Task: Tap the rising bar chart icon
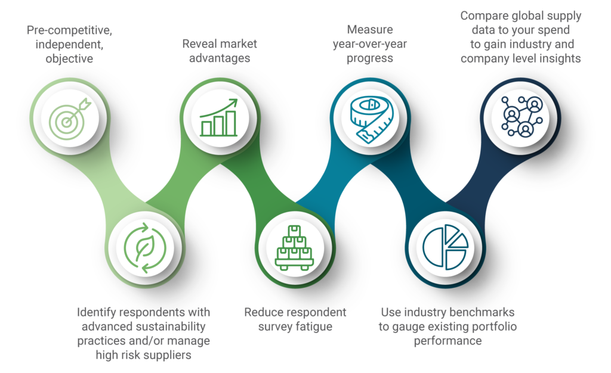[x=218, y=117]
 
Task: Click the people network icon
[x=521, y=117]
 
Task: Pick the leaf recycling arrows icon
[x=145, y=248]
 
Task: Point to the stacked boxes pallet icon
[x=294, y=248]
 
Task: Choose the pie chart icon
[x=445, y=247]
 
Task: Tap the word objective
[x=69, y=59]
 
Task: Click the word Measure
[x=370, y=30]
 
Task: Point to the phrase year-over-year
[x=370, y=44]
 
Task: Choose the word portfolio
[x=495, y=327]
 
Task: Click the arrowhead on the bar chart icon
[x=233, y=102]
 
